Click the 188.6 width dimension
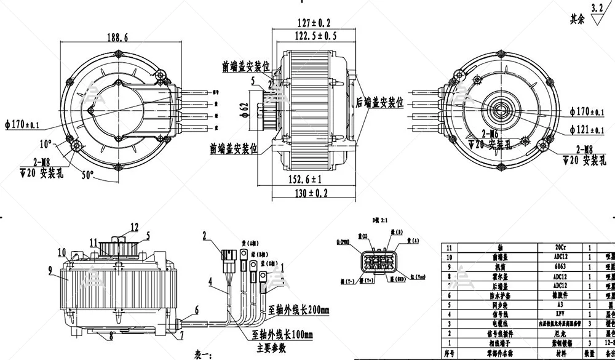click(117, 37)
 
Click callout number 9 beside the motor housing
click(50, 269)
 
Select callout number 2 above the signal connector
click(205, 234)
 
